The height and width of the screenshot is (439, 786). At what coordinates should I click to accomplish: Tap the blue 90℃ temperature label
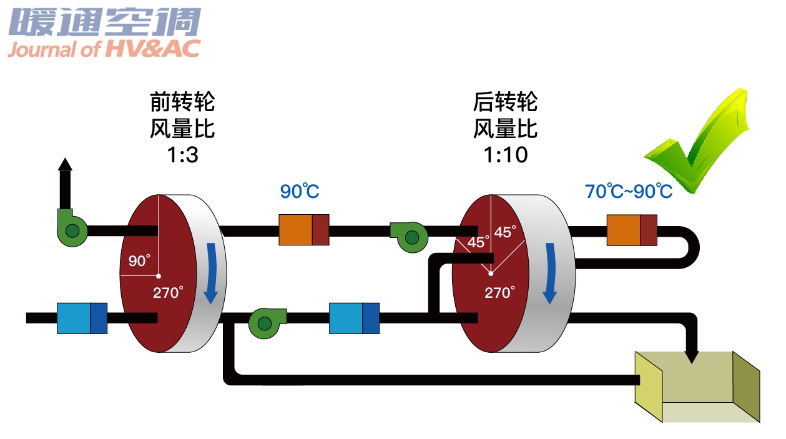click(x=300, y=191)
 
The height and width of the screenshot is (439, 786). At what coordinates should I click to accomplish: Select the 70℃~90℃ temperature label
click(x=629, y=191)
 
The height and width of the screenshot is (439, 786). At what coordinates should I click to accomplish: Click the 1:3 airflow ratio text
click(x=182, y=155)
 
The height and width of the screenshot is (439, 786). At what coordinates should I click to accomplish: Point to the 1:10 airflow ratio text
click(x=506, y=155)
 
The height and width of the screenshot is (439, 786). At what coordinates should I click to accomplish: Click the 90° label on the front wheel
click(x=139, y=261)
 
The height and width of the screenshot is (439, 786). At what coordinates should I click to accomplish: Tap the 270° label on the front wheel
click(x=168, y=293)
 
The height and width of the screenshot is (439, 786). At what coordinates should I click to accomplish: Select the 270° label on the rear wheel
click(x=499, y=293)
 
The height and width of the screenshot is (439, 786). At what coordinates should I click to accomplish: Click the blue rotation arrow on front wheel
click(x=211, y=273)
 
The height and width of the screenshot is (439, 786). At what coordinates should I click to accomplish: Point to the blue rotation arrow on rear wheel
click(x=550, y=273)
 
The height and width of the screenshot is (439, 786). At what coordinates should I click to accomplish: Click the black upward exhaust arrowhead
click(x=65, y=164)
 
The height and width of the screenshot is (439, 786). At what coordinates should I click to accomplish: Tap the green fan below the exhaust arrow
click(x=72, y=228)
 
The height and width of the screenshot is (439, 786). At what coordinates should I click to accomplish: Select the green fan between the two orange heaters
click(x=410, y=237)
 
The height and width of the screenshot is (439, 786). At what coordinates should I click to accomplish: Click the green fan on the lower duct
click(x=267, y=323)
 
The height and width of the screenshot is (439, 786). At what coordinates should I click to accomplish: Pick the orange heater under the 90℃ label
click(x=304, y=230)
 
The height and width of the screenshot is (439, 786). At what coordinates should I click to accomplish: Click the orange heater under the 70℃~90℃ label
click(x=632, y=230)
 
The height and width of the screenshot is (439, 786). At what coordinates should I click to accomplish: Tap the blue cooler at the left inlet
click(x=82, y=318)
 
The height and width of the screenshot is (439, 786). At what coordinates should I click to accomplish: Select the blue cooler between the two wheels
click(x=355, y=318)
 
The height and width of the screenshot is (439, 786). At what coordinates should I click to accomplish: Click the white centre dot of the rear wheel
click(x=491, y=274)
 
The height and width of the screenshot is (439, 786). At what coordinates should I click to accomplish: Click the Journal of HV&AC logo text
click(x=104, y=49)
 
